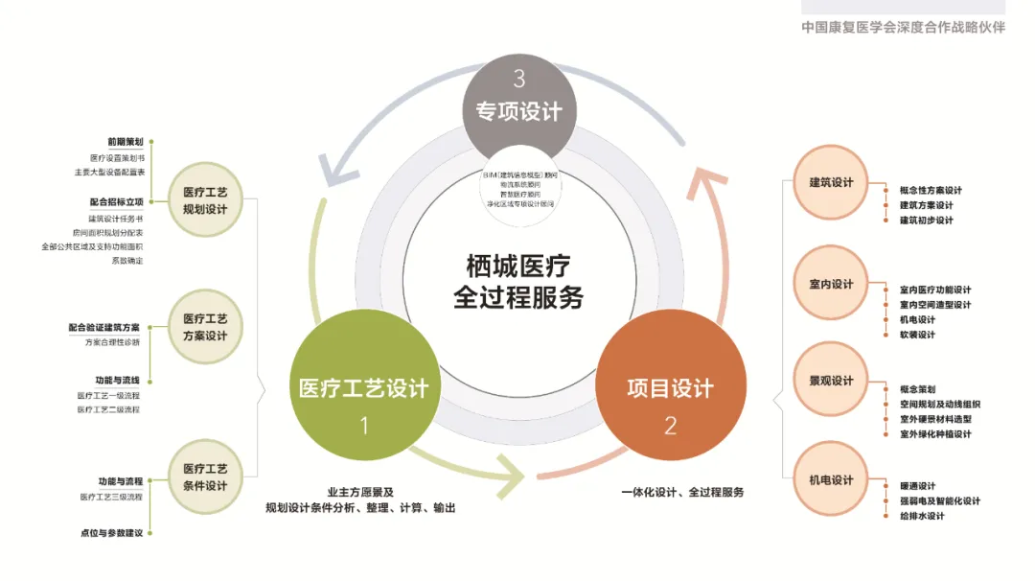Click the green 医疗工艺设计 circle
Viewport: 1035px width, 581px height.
[x=363, y=388]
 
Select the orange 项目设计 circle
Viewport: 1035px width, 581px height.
[x=670, y=388]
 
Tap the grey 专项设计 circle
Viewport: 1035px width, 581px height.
[x=518, y=107]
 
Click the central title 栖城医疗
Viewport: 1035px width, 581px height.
[x=518, y=266]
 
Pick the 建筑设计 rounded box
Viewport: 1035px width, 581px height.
[x=830, y=183]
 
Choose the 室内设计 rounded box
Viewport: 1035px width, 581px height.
[x=830, y=285]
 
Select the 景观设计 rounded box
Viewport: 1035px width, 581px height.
[x=830, y=382]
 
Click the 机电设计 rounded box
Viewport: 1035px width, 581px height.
[x=830, y=479]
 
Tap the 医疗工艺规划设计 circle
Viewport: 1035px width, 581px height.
[x=205, y=200]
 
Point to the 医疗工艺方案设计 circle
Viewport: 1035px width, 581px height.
[x=205, y=327]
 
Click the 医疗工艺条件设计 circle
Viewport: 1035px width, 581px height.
[x=205, y=477]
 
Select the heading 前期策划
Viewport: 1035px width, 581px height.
[x=126, y=142]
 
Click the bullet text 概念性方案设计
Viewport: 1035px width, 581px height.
[x=931, y=190]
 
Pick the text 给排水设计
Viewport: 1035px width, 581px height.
[x=922, y=516]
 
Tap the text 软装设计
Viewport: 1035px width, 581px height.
[x=917, y=335]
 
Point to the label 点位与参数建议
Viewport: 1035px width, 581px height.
[x=112, y=532]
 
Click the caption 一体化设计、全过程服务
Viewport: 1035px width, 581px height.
[x=681, y=492]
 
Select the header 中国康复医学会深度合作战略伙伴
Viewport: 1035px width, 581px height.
[x=903, y=28]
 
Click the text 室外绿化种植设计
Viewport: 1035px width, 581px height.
[x=935, y=434]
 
